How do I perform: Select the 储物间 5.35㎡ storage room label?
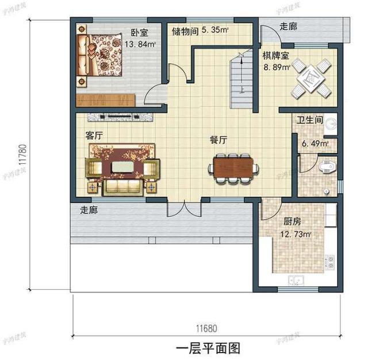(200, 31)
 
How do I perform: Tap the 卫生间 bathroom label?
(309, 121)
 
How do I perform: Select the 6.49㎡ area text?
(315, 143)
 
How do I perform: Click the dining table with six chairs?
(233, 167)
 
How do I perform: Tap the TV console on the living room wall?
(121, 117)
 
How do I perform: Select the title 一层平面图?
(206, 348)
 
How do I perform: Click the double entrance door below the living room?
(183, 208)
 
